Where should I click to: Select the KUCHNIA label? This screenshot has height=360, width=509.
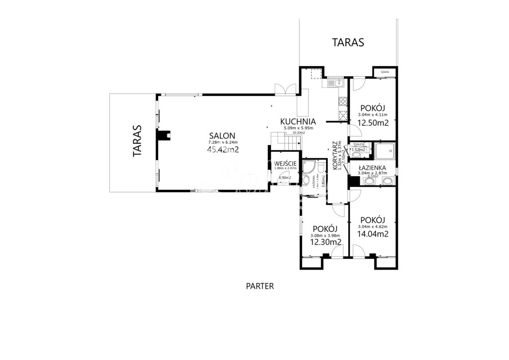click(298, 121)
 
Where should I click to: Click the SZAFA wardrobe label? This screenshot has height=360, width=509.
click(385, 72)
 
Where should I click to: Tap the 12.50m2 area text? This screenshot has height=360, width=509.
click(373, 123)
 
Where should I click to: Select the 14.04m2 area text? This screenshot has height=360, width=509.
click(373, 234)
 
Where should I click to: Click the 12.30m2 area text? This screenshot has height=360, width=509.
click(326, 242)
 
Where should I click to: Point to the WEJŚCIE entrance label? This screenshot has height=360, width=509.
click(285, 163)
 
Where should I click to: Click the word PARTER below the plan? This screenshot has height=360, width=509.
click(260, 286)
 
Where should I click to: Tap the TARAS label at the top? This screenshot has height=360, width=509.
click(348, 42)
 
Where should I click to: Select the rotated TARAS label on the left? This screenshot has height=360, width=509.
click(137, 141)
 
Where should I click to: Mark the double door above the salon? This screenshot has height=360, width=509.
click(286, 88)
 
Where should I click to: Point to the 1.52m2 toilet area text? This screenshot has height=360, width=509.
click(358, 149)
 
